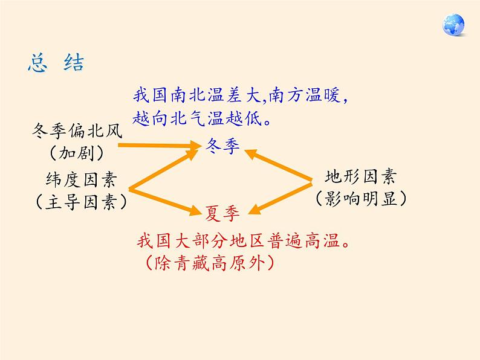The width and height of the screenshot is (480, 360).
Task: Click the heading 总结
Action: (56, 63)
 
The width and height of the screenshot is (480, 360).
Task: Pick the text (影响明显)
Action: (360, 198)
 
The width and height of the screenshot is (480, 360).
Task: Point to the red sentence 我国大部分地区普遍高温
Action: (243, 243)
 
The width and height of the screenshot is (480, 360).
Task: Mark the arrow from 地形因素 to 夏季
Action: (281, 196)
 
